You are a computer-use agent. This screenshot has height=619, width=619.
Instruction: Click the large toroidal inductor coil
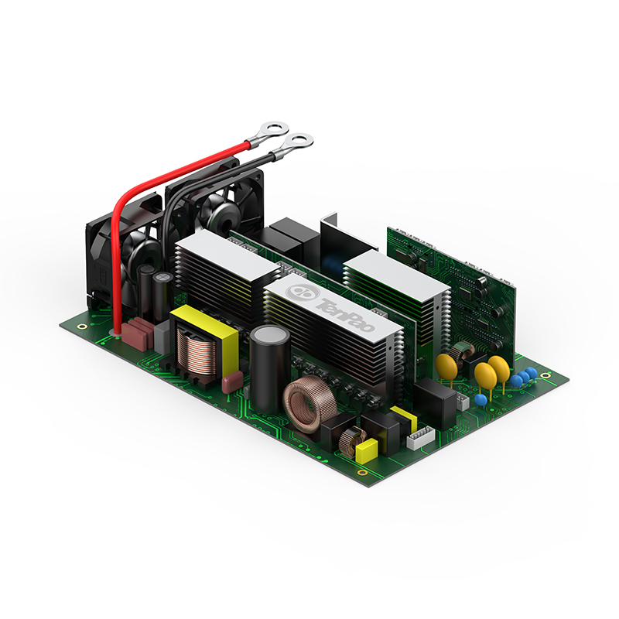pos(309,404)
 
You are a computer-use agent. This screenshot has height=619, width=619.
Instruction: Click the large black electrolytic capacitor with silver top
pos(270,367)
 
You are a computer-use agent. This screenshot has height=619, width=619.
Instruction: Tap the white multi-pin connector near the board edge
pos(421,437)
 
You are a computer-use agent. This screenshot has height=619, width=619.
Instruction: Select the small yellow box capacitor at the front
pos(366,450)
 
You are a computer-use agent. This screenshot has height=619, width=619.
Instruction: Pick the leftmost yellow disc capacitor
pos(446,367)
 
